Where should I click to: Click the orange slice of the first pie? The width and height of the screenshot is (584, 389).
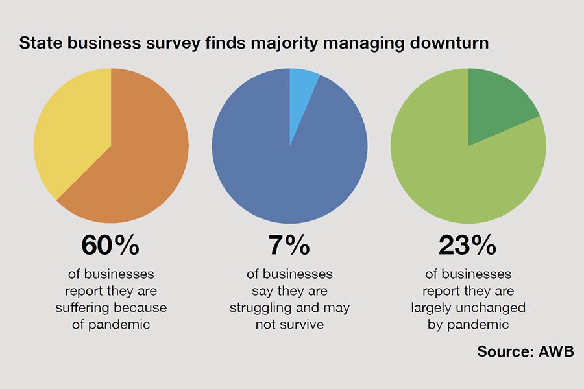[140, 169]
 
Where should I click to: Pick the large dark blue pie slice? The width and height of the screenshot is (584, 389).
[286, 169]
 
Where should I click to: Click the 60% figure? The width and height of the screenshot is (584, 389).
[110, 246]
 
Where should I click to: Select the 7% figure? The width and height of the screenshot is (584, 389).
[289, 246]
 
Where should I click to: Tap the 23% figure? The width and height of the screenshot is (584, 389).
[468, 246]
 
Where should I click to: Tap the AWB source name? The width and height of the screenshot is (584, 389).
[557, 351]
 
